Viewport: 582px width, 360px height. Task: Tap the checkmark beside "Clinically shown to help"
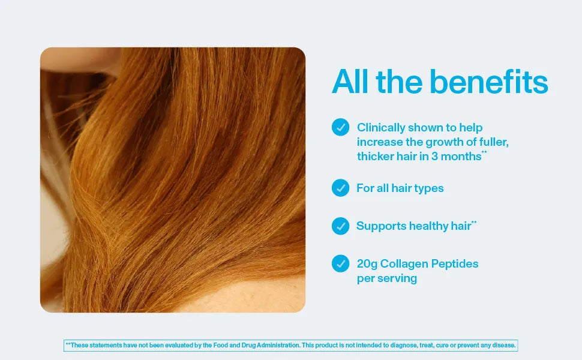point(340,127)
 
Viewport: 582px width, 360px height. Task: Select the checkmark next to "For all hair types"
point(340,188)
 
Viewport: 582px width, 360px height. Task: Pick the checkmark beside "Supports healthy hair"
point(340,226)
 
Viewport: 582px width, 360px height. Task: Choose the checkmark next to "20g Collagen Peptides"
point(340,263)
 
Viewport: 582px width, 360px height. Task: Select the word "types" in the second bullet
point(428,188)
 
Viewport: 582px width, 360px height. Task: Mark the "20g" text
point(367,264)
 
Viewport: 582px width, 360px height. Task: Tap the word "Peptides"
point(456,264)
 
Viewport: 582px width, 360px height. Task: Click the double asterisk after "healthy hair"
point(474,223)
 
